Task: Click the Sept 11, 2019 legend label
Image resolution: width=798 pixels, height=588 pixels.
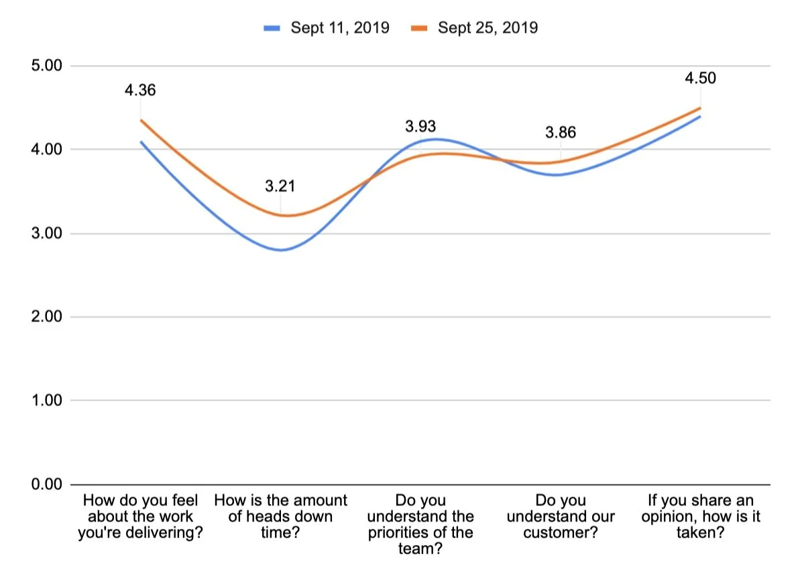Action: tap(340, 27)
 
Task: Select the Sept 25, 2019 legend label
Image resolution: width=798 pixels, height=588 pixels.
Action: tap(488, 27)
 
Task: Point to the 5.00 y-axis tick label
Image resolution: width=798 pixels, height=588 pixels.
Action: tap(47, 66)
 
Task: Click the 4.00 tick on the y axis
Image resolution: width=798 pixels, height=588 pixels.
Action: tap(47, 150)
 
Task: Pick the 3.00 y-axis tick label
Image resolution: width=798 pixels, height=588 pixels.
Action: tap(47, 233)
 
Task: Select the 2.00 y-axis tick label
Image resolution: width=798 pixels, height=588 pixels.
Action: tap(47, 317)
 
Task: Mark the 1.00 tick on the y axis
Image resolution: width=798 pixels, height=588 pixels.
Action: tap(47, 401)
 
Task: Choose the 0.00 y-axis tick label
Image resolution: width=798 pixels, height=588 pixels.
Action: tap(47, 484)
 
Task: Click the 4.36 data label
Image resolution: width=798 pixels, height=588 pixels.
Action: tap(140, 90)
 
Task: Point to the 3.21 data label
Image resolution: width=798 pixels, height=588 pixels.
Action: tap(280, 186)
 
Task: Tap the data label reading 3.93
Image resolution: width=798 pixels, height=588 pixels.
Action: tap(420, 125)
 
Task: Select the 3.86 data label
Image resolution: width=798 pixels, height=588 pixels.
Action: tap(561, 132)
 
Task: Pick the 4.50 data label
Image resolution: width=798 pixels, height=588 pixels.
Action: tap(700, 78)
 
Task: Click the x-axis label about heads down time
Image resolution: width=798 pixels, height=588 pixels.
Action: tap(280, 517)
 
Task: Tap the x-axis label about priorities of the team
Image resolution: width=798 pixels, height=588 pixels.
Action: tap(420, 525)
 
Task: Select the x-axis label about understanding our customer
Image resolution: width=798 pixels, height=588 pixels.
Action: tap(561, 517)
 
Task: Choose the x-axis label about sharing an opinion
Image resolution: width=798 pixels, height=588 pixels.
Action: tap(700, 517)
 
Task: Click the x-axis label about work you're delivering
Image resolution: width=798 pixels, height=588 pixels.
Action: tap(140, 517)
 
